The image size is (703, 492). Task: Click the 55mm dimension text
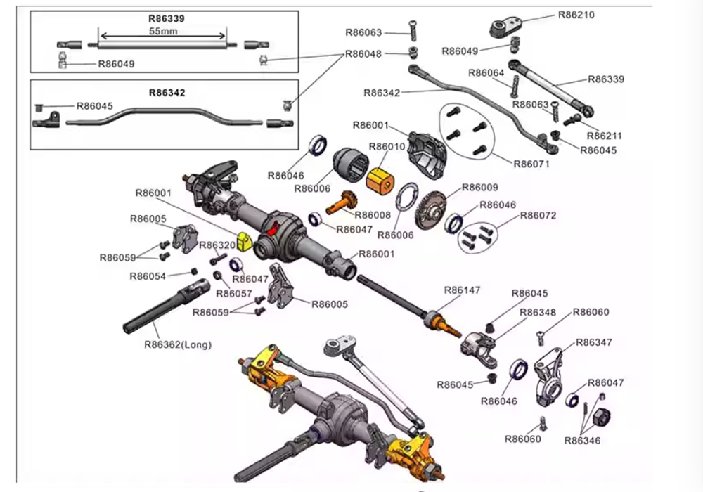[163, 32]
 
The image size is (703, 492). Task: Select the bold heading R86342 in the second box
[167, 91]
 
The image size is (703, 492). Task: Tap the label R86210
[576, 14]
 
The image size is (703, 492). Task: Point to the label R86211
[606, 136]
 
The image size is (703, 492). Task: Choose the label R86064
[486, 72]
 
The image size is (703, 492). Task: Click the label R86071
[532, 164]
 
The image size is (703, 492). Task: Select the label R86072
[538, 215]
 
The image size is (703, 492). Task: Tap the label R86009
[480, 188]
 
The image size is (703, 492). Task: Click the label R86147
[462, 290]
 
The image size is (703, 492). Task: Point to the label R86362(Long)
[178, 344]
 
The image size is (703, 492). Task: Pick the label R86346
[582, 440]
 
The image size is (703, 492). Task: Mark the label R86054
[148, 276]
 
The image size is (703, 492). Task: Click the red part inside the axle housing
[273, 229]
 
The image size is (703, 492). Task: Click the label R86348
[538, 312]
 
